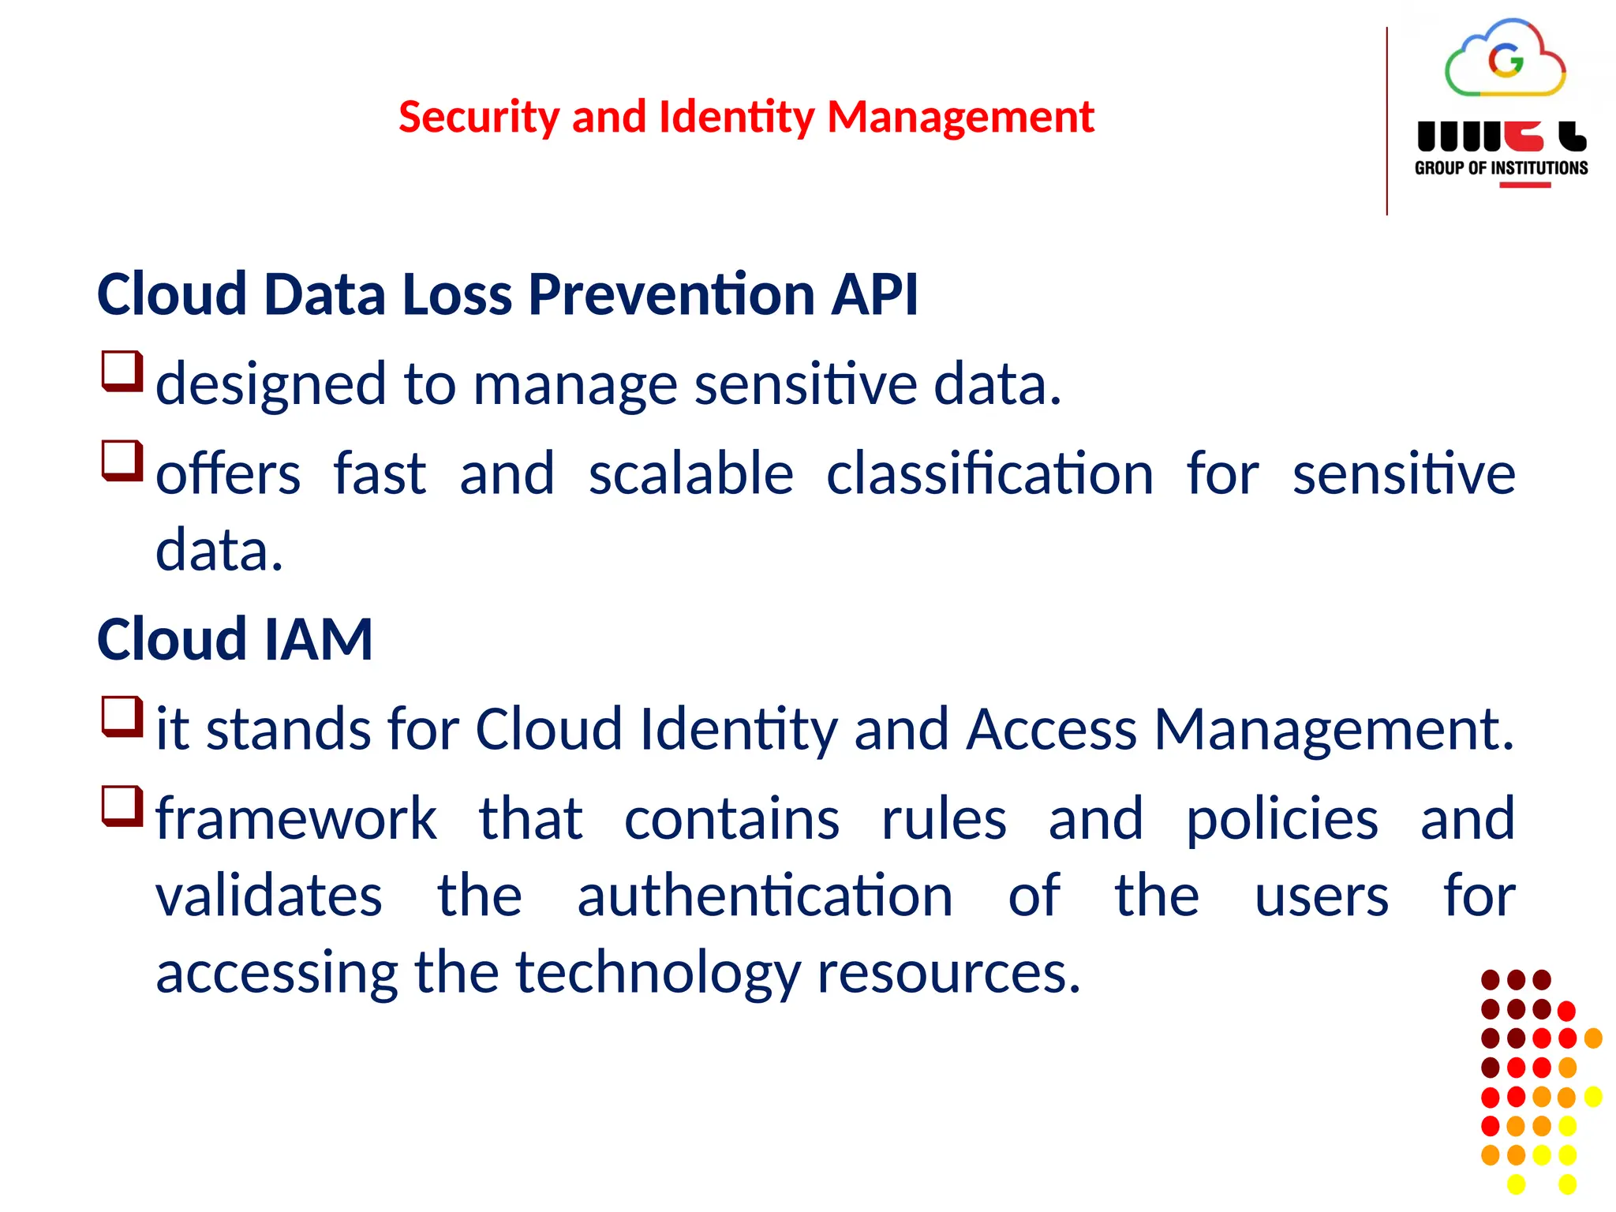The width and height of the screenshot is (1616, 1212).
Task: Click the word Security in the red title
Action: coord(479,118)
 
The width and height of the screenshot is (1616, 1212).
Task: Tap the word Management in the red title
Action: coord(960,118)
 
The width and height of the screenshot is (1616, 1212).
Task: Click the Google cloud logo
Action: coord(1505,60)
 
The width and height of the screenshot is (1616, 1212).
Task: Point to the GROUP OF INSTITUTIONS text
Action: coord(1501,168)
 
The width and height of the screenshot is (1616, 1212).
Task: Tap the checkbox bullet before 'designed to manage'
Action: coord(122,371)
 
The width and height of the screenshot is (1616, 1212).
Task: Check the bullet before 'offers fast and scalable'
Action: coord(122,460)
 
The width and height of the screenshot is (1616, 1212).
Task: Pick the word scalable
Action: coord(690,474)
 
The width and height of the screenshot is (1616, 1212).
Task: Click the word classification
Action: coord(989,474)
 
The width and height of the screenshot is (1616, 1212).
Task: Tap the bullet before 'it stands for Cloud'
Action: coord(122,716)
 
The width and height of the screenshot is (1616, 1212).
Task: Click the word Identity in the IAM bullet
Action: coord(738,729)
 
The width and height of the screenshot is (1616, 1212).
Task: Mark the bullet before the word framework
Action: coord(122,806)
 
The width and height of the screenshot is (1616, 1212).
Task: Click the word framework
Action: coord(296,819)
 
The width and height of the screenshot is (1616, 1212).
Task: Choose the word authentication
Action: coord(765,896)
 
